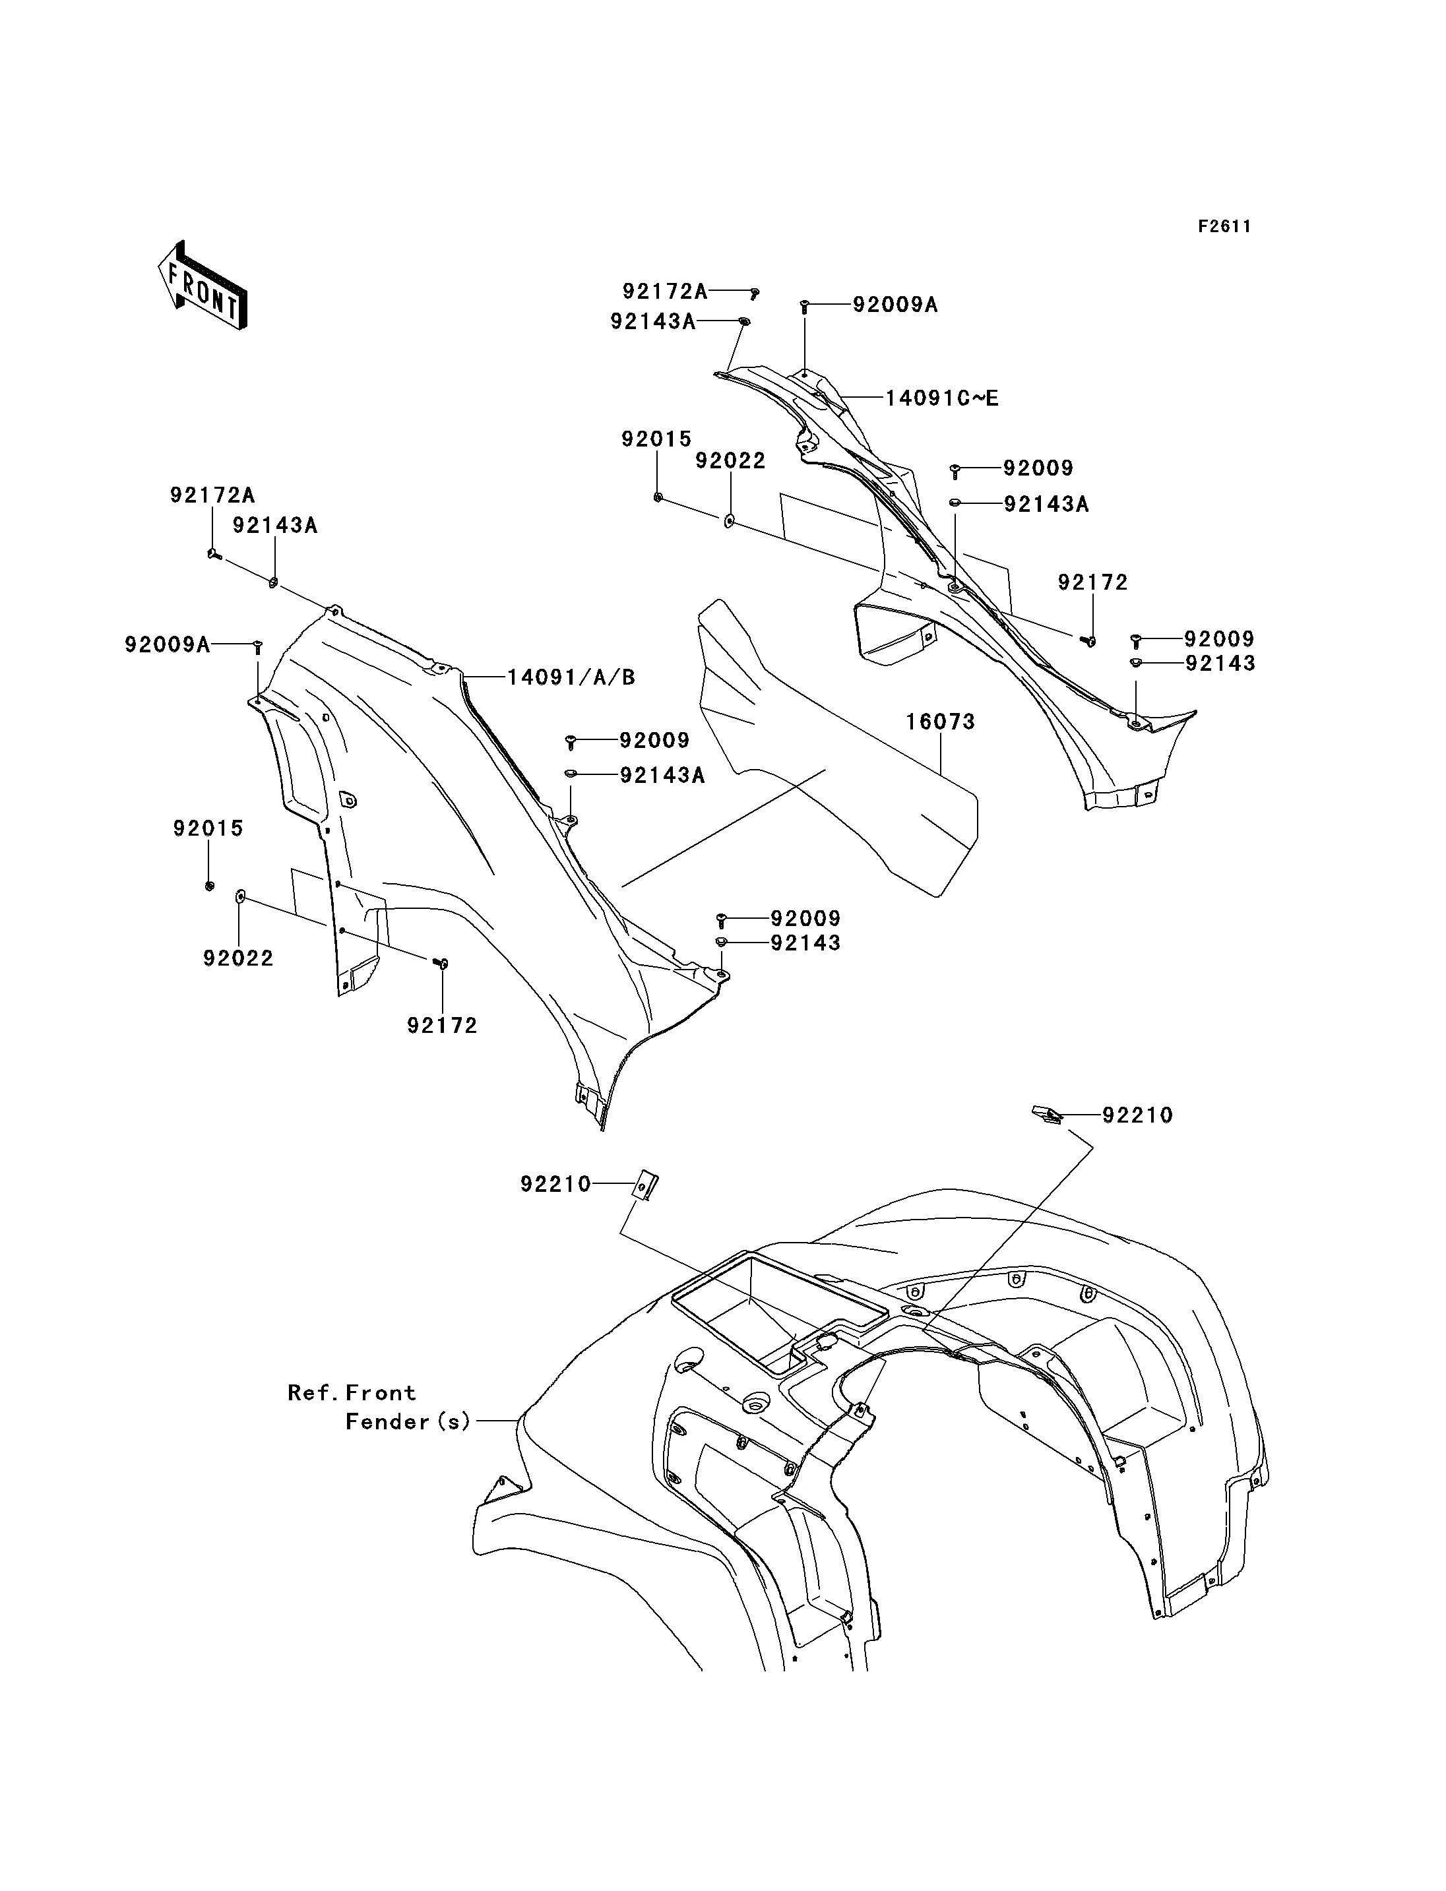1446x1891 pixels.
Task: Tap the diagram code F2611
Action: [x=1225, y=226]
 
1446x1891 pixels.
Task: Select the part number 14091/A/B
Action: [x=571, y=677]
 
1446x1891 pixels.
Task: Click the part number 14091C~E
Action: [x=943, y=398]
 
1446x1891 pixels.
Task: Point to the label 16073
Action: [x=940, y=722]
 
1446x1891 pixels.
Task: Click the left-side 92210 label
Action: [x=556, y=1185]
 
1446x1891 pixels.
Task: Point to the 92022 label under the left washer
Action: [x=238, y=958]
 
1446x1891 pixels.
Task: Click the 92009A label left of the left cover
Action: [x=168, y=644]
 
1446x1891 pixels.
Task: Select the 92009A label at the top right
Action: [x=895, y=305]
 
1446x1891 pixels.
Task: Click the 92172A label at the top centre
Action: [x=666, y=292]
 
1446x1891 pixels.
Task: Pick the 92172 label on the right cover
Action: [x=1093, y=582]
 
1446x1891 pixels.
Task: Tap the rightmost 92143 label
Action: [x=1220, y=664]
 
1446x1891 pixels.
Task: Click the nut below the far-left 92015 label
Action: [x=209, y=886]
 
